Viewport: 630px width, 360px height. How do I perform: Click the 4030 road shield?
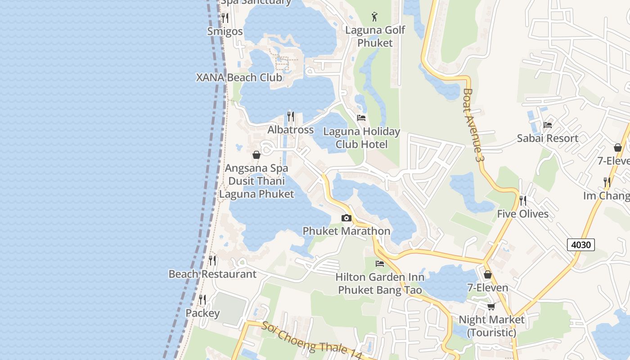[x=580, y=245]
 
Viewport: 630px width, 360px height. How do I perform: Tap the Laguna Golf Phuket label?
[x=375, y=36]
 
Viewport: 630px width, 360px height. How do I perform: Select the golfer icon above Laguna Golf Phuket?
[x=374, y=17]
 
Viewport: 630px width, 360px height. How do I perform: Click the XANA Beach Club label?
[x=239, y=77]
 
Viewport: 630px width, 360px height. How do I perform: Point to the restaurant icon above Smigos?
[x=225, y=18]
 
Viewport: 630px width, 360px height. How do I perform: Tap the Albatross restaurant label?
[x=290, y=130]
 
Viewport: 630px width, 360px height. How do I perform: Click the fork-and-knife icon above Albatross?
[x=291, y=117]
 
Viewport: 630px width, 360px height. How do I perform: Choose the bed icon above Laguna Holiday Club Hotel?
[x=361, y=118]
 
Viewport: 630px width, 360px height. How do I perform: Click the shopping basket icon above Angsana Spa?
[x=256, y=155]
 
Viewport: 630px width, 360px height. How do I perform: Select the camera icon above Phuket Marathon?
[x=346, y=218]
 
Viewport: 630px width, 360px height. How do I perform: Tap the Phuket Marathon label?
[x=346, y=231]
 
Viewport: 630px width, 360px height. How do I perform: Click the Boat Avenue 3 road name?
[x=471, y=125]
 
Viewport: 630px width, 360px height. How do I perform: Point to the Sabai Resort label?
[x=547, y=138]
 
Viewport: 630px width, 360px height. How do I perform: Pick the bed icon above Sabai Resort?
[x=548, y=125]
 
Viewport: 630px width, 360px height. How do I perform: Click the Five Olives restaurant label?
[x=522, y=214]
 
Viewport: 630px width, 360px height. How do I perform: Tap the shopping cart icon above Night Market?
[x=491, y=306]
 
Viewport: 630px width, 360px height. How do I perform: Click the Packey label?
[x=202, y=313]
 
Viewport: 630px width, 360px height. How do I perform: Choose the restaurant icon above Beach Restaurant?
[x=212, y=261]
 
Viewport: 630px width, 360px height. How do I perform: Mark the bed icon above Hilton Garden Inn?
[x=380, y=264]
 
